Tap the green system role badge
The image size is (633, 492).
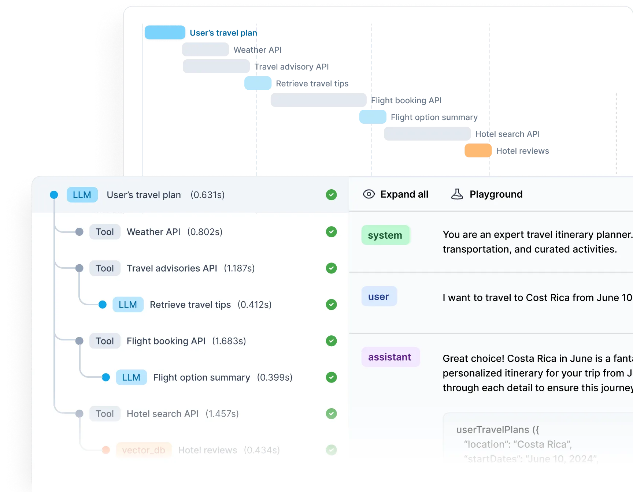tap(385, 235)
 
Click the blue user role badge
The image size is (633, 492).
tap(379, 297)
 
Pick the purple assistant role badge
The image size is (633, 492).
tap(390, 357)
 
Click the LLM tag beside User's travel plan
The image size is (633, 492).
tap(82, 195)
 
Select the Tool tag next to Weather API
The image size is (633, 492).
tap(105, 232)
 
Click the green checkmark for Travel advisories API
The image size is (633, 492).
tap(331, 268)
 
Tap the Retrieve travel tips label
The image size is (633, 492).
tap(190, 305)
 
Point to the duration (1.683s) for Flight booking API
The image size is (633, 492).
tap(229, 341)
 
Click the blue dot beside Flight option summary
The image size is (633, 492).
tap(106, 377)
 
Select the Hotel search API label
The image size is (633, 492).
tap(162, 414)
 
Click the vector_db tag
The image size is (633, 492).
tap(144, 450)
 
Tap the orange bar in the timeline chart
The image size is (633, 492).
tap(478, 151)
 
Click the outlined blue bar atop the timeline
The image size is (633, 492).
tap(165, 33)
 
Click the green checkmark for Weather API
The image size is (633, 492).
tap(331, 232)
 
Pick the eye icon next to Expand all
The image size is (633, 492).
tap(369, 194)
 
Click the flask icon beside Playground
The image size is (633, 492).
tap(457, 194)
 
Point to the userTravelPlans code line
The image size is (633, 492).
tap(497, 430)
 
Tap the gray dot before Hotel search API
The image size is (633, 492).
tap(79, 414)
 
